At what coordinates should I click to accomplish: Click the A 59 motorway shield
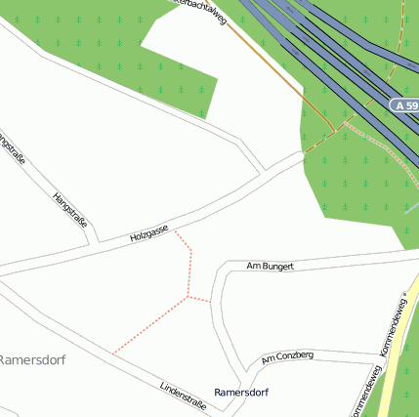pyautogui.click(x=403, y=104)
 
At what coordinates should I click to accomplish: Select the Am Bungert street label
pyautogui.click(x=271, y=265)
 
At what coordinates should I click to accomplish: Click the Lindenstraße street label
pyautogui.click(x=183, y=396)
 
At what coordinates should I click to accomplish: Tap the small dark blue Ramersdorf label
pyautogui.click(x=241, y=392)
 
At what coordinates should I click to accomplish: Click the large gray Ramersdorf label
pyautogui.click(x=31, y=359)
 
